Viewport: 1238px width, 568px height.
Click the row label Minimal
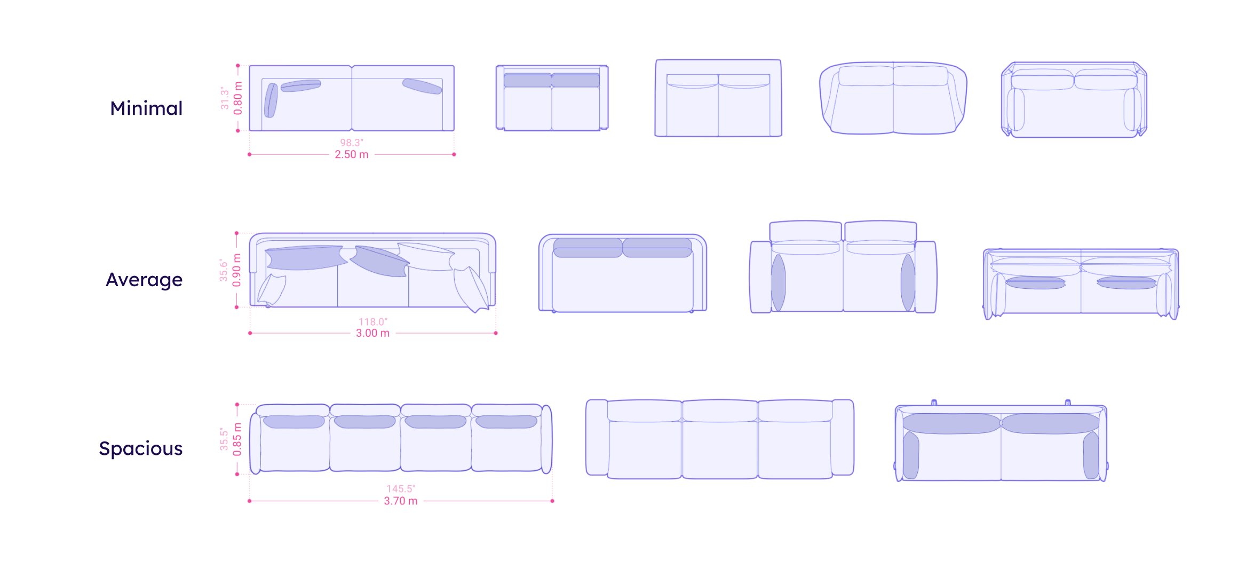(146, 108)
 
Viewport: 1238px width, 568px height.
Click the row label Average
(144, 280)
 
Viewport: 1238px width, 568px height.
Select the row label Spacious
(141, 448)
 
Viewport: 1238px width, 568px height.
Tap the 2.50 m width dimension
(352, 155)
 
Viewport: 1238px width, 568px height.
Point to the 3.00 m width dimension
(373, 333)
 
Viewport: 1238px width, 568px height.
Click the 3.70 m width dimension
(401, 501)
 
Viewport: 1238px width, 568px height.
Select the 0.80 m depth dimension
(238, 98)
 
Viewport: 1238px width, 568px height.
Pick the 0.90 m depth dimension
(237, 270)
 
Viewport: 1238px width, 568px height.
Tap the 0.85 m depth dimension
(237, 439)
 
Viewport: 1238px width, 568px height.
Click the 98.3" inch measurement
(352, 143)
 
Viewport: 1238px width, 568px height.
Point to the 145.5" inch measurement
(401, 488)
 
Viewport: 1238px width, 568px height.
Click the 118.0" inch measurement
(373, 321)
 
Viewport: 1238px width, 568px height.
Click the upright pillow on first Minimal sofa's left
(271, 100)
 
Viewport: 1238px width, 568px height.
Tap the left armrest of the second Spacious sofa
(597, 437)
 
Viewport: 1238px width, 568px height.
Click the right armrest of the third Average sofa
(926, 277)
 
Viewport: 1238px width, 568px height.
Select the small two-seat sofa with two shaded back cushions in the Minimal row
(552, 99)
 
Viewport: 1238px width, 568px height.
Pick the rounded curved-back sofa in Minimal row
(893, 99)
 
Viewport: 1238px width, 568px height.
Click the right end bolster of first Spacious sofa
(546, 439)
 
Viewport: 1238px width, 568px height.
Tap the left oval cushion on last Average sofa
(1035, 283)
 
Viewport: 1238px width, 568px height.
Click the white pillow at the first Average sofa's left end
(272, 290)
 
